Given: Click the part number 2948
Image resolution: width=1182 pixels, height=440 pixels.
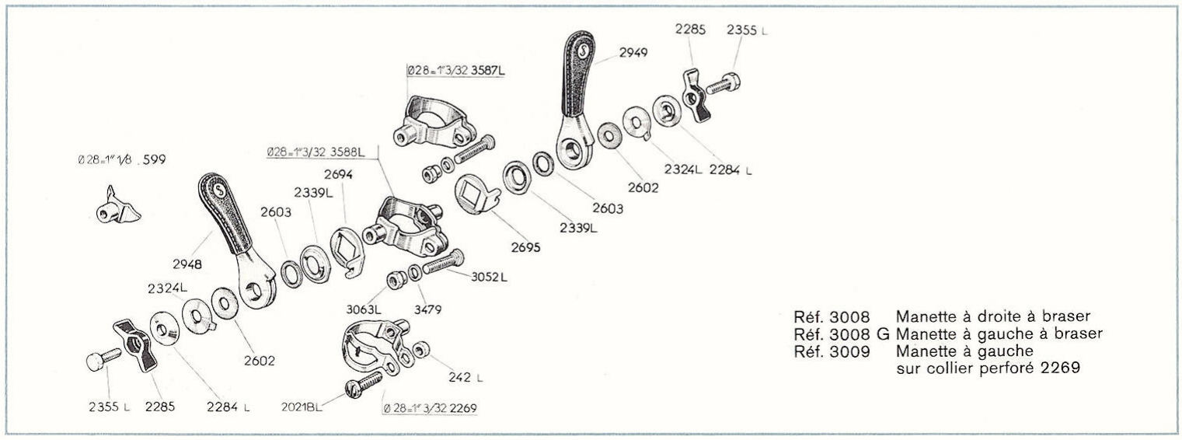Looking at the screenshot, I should tap(187, 264).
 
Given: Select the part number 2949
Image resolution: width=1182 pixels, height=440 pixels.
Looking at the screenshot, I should tap(634, 53).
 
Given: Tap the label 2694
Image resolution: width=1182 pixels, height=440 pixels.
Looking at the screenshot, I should tap(339, 176).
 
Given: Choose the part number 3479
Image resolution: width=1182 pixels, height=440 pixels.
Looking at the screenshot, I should tap(427, 309).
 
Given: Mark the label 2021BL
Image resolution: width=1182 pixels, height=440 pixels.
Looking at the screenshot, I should tap(302, 406).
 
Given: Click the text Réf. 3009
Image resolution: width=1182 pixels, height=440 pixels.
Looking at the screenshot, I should tap(831, 351).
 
